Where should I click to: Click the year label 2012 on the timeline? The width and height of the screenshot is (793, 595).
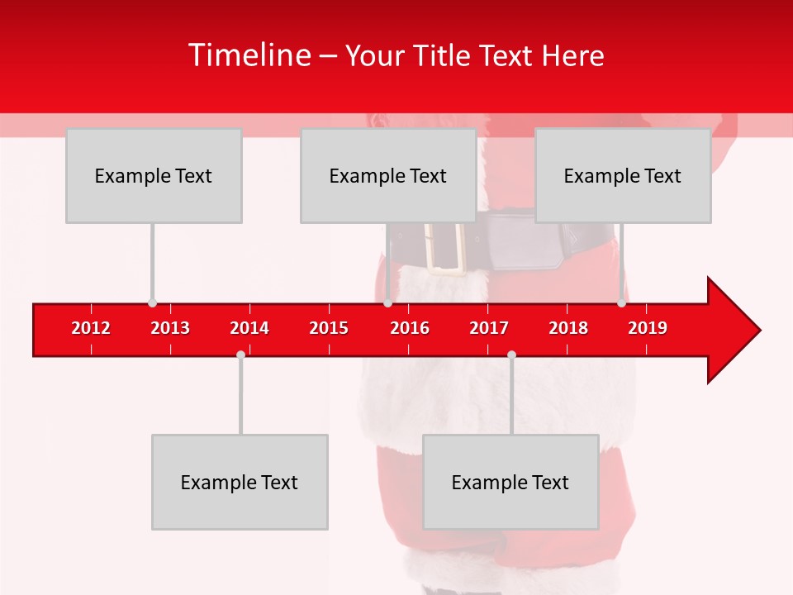point(91,328)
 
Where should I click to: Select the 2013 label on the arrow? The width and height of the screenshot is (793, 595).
point(170,328)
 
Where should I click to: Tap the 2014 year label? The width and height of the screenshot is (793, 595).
point(249,328)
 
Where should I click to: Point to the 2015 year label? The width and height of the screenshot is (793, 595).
point(329,328)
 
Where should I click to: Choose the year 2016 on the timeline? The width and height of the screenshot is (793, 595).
point(410,328)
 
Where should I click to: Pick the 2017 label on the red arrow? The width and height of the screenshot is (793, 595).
point(489,328)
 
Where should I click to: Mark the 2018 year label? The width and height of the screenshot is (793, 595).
point(568,328)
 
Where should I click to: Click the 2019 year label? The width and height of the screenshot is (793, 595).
point(648,328)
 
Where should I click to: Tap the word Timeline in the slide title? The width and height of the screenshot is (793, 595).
point(248,55)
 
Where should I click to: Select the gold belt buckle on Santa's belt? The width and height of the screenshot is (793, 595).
point(445,246)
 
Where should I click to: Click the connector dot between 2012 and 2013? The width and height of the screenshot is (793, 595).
point(152,303)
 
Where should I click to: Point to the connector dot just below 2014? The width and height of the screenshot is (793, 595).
point(240,355)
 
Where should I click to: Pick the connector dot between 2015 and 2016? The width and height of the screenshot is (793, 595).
point(387,303)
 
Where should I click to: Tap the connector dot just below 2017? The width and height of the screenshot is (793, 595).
point(511,355)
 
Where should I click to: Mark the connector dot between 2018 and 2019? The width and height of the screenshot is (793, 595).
point(621,303)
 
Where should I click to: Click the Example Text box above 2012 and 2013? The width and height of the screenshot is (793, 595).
point(154,176)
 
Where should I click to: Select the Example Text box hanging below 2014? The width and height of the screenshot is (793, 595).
point(240,482)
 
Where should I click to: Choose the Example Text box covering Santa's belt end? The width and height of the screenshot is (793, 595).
point(623,176)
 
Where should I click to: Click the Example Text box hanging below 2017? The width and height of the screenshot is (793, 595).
point(510,482)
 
